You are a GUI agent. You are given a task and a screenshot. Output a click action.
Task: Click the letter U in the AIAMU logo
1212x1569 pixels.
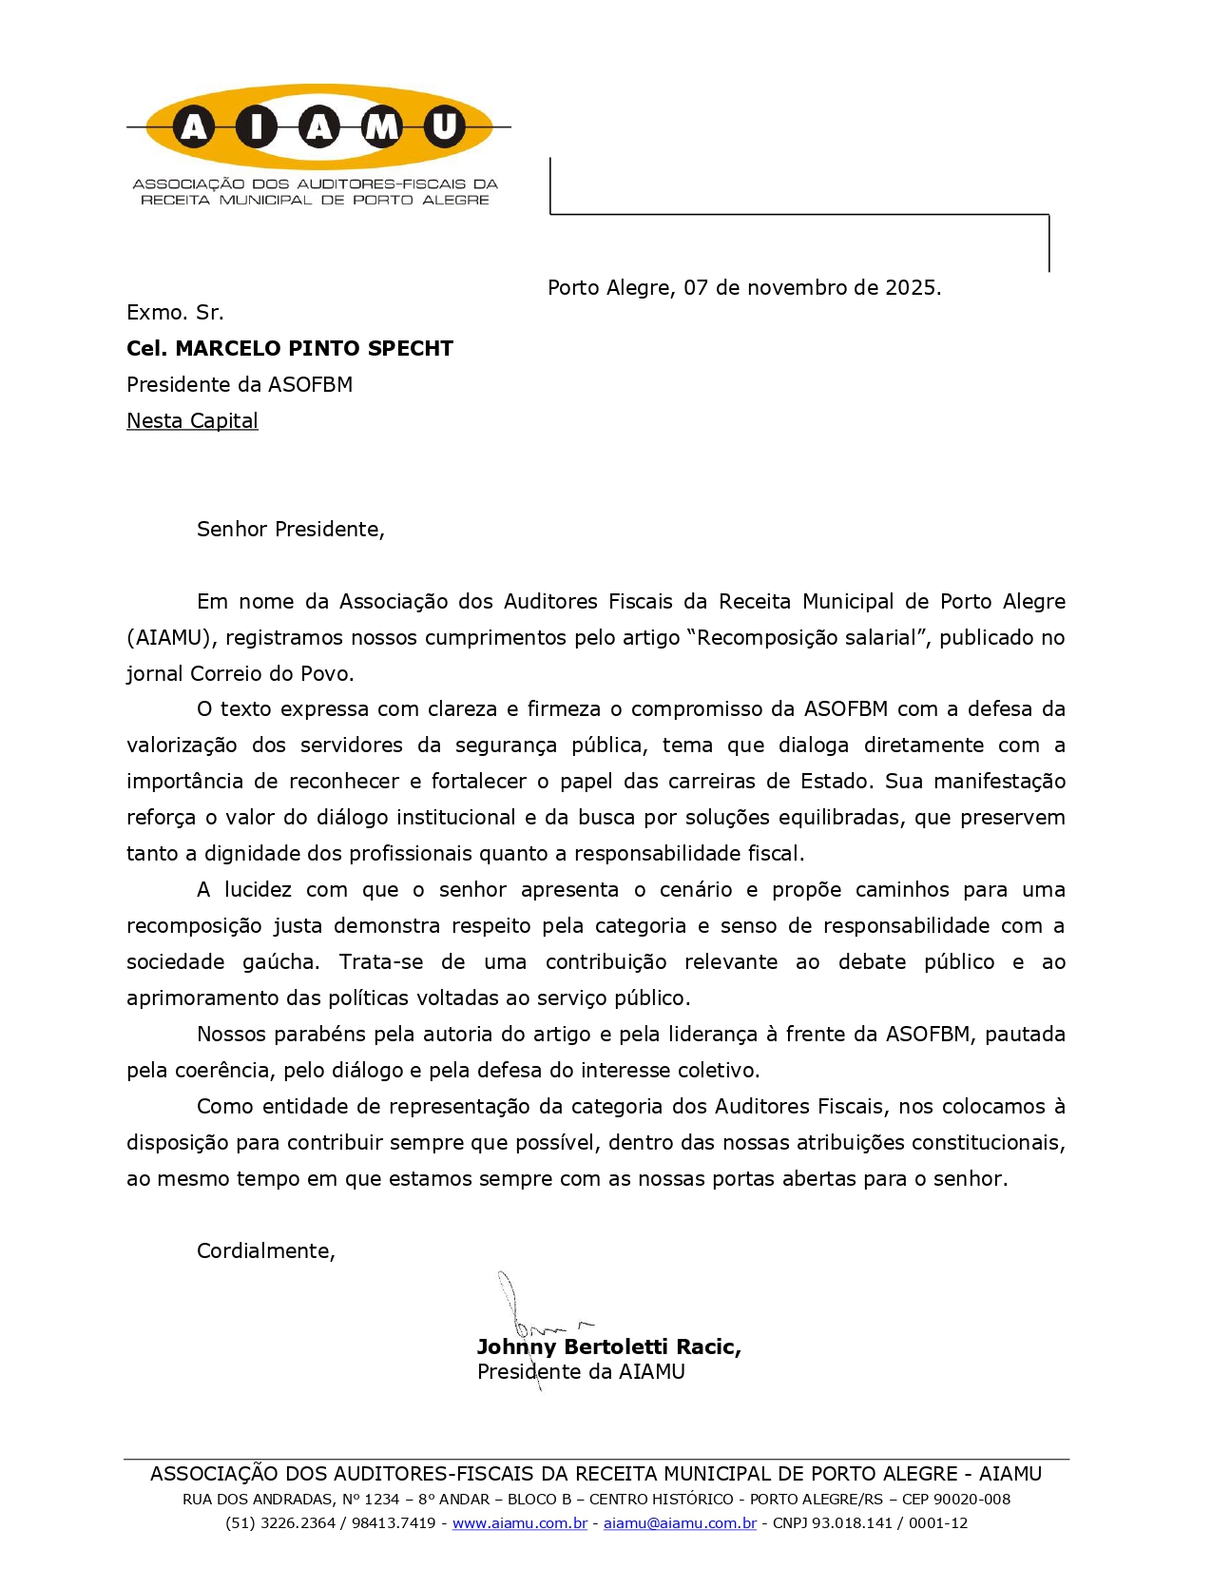click(444, 126)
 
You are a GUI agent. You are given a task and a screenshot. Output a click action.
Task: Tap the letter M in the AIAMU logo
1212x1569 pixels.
click(381, 126)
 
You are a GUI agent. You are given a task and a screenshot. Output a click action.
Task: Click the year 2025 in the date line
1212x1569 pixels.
click(910, 287)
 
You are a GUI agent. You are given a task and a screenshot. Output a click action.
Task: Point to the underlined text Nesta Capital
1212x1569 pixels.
click(192, 420)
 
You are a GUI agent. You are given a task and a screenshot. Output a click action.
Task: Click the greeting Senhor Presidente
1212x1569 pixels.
click(290, 529)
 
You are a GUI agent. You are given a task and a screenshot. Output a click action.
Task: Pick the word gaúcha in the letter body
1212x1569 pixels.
click(281, 961)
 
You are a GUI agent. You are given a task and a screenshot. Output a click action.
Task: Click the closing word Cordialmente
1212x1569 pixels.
click(265, 1250)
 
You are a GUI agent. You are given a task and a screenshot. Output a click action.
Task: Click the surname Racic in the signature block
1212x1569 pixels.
click(708, 1346)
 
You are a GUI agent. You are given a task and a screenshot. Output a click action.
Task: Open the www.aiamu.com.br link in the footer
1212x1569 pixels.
click(519, 1522)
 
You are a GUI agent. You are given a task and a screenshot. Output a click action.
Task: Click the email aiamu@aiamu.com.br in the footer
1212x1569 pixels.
click(680, 1522)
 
